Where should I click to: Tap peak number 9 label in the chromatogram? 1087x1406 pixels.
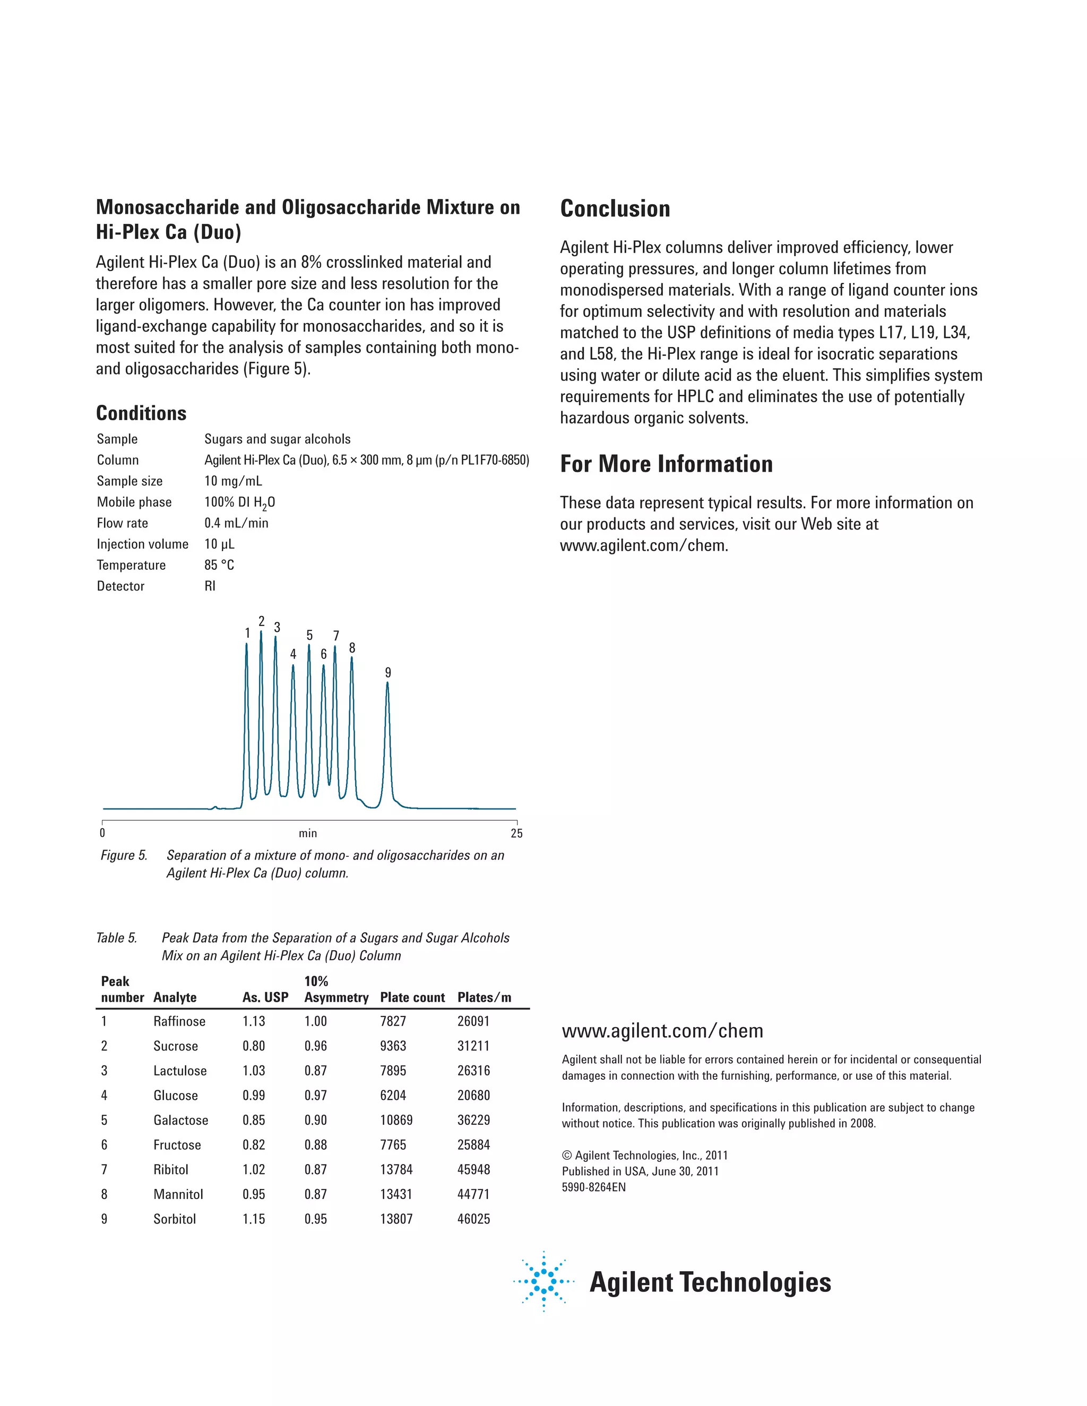(387, 672)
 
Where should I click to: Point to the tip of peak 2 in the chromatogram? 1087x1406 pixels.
(261, 632)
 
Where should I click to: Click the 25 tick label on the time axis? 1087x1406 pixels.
(516, 833)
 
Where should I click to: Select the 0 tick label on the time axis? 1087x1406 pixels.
(102, 833)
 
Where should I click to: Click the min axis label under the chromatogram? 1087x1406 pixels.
(308, 833)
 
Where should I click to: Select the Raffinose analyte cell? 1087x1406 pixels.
(179, 1021)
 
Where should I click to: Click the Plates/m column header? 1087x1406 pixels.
(484, 997)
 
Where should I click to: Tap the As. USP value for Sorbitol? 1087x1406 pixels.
(254, 1219)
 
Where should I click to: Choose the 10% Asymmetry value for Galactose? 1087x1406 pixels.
(316, 1119)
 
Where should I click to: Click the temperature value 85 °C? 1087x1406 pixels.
(219, 565)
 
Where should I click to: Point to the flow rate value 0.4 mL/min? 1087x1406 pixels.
(236, 523)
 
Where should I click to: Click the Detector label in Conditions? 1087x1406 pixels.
(120, 586)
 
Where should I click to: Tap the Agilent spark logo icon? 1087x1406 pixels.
(543, 1281)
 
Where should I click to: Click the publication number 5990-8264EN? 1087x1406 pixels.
(593, 1187)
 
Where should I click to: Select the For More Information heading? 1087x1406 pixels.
(666, 464)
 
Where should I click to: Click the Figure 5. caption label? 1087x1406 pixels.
(124, 855)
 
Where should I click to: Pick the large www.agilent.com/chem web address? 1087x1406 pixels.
(662, 1031)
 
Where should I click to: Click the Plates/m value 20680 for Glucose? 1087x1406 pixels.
(473, 1095)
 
